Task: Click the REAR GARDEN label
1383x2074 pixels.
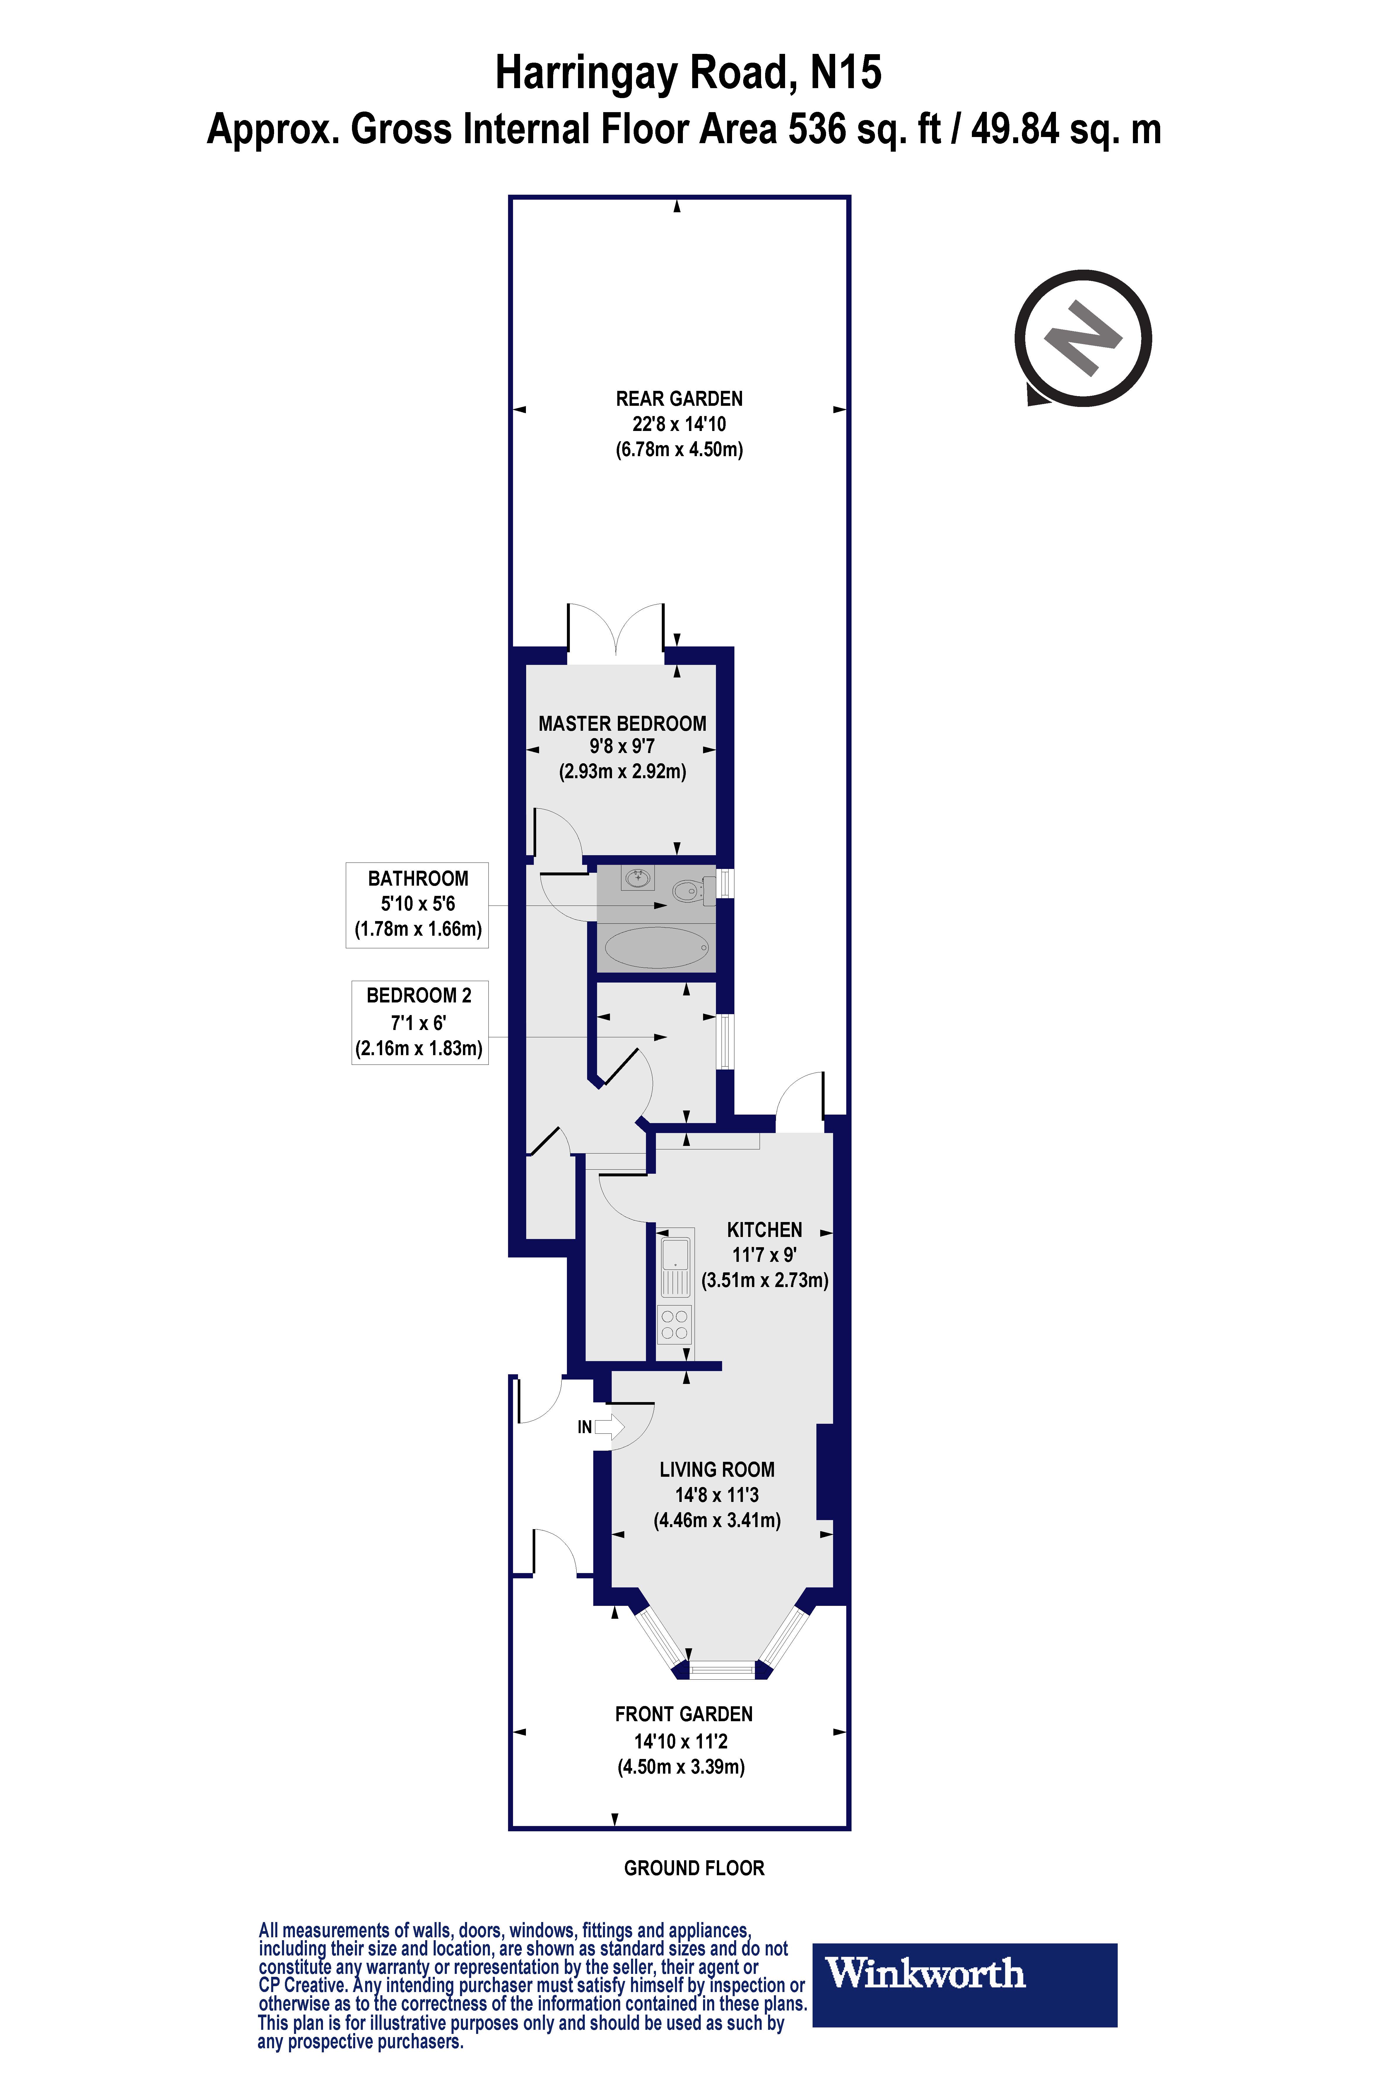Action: [x=679, y=398]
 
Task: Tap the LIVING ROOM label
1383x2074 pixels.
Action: [x=717, y=1469]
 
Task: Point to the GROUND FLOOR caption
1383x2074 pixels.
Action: [x=694, y=1868]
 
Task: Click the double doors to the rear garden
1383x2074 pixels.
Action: [x=616, y=633]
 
